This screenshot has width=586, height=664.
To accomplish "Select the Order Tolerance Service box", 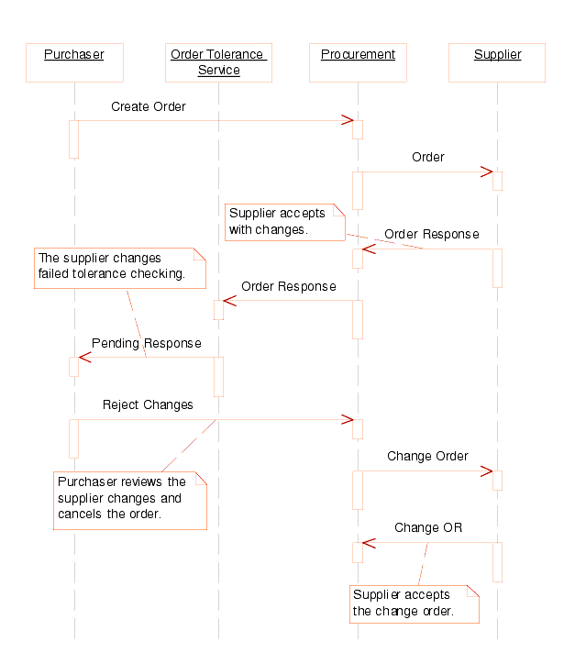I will point(218,62).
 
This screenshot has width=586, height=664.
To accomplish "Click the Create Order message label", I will point(149,106).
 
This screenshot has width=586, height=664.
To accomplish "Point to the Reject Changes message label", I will point(148,404).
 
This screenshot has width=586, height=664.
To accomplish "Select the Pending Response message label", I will point(147,344).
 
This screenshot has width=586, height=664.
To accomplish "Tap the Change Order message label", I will point(427,456).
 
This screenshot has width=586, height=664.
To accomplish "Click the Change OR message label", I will point(428,527).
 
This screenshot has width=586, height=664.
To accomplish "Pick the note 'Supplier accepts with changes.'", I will point(283,221).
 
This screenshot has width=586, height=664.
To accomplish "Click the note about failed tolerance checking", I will point(118,267).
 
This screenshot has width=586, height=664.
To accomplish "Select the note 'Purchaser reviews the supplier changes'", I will point(129,499).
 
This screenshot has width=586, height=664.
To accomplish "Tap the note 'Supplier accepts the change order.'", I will point(413,603).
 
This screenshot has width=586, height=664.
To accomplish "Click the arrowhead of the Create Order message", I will point(348,120).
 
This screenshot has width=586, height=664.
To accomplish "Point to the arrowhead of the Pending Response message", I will point(84,357).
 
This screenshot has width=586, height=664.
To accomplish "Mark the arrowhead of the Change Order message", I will point(487,471).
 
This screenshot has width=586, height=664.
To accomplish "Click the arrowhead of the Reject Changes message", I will point(348,419).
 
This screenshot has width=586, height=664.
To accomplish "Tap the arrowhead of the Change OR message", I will point(368,542).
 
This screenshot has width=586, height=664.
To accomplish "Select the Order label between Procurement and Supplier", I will point(427,157).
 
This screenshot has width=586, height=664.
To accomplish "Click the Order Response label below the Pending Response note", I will point(288,286).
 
